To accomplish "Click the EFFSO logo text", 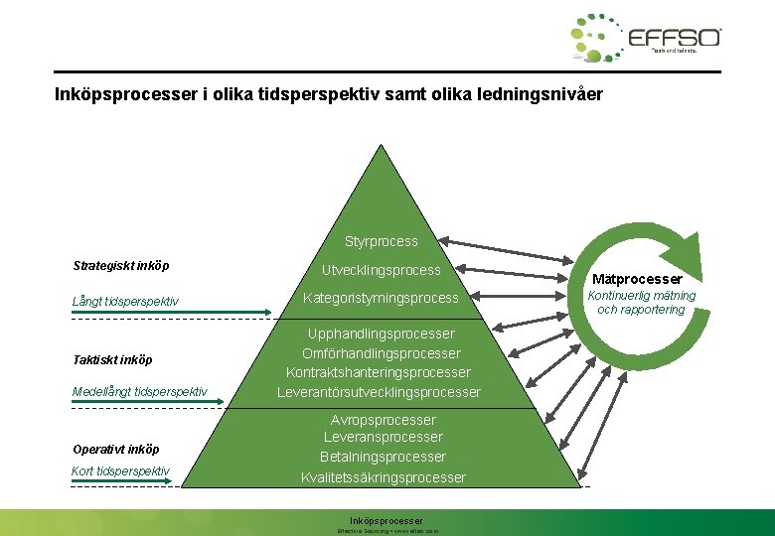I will [675, 38].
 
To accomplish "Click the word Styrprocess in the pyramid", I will [382, 241].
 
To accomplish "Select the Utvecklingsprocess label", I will [381, 270].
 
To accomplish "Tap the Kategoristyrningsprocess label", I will [381, 298].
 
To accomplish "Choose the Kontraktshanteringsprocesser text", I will [379, 372].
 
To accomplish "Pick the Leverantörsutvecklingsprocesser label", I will [379, 392].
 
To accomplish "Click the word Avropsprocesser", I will [383, 420].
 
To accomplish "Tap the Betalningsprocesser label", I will [383, 457].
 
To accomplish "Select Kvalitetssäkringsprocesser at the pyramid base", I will [383, 477].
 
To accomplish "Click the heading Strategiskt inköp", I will [121, 266].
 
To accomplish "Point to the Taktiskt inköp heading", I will [112, 359].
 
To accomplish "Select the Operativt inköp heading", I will [115, 449].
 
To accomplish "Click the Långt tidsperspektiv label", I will [125, 301].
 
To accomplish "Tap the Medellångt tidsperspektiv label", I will [139, 391].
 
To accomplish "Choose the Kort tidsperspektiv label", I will [120, 470].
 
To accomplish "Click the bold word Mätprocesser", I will [637, 279].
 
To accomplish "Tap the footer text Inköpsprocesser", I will [387, 520].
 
